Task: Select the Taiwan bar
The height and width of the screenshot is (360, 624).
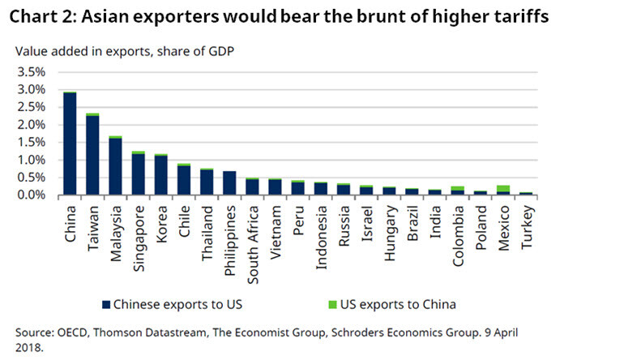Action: pos(93,155)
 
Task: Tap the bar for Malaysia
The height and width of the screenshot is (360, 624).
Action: pos(116,166)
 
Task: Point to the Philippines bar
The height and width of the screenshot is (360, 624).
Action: pos(230,183)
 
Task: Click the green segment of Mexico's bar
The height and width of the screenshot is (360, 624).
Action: pos(504,188)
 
